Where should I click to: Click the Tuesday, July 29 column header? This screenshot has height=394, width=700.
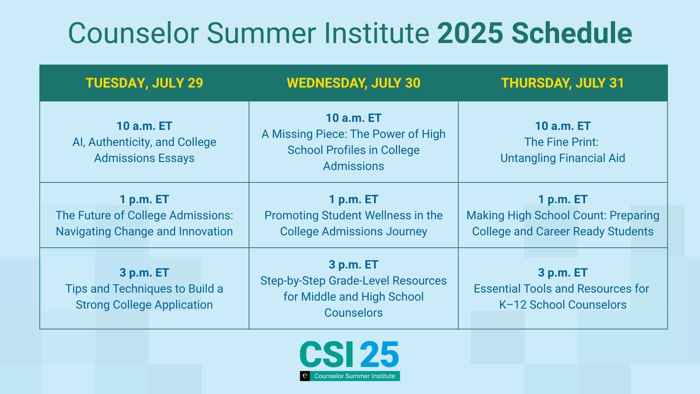(144, 83)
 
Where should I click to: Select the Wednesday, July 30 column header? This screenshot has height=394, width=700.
(353, 83)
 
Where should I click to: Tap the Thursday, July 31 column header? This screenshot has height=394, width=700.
(562, 83)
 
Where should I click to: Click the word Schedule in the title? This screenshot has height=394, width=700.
(572, 33)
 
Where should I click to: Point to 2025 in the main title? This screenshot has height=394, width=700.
(470, 33)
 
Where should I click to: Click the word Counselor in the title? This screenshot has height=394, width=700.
(133, 33)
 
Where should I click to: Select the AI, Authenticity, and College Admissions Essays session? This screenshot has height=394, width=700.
(144, 150)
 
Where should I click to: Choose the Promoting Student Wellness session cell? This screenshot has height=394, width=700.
(353, 223)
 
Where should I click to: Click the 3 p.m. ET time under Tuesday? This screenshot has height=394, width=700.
(144, 273)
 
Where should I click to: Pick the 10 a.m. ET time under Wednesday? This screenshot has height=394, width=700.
(353, 118)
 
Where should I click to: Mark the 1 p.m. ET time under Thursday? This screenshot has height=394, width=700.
(563, 199)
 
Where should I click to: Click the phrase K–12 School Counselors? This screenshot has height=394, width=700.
(563, 305)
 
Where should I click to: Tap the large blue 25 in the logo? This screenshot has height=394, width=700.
(379, 355)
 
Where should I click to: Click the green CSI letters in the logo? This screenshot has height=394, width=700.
(327, 355)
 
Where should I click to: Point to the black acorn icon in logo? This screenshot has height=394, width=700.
(305, 376)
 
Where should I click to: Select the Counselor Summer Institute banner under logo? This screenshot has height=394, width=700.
(354, 376)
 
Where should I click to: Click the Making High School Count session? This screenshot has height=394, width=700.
(563, 223)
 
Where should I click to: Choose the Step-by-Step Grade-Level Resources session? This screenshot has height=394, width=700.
(353, 296)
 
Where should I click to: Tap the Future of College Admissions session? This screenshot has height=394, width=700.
(144, 223)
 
